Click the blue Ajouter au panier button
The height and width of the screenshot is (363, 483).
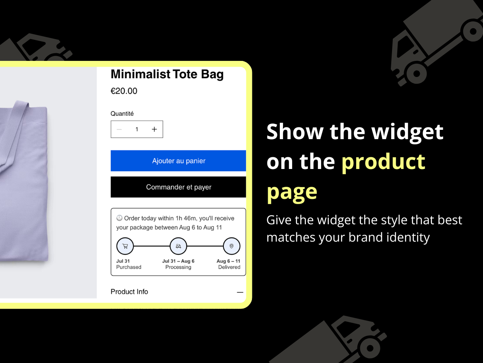pos(178,161)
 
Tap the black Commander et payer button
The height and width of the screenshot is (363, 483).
pos(178,187)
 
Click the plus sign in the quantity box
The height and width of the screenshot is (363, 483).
pos(154,129)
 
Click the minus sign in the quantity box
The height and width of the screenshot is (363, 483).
pos(119,129)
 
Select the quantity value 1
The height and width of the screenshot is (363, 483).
pos(137,129)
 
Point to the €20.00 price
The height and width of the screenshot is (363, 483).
pos(124,91)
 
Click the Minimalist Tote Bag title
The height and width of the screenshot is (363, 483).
pos(167,74)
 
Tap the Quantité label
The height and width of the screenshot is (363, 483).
pos(122,113)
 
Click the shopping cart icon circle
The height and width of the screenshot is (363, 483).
pos(125,246)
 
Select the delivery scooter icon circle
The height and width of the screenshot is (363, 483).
pos(178,246)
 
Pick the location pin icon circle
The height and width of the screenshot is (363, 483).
pos(231,246)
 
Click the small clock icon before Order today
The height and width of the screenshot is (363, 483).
pos(119,218)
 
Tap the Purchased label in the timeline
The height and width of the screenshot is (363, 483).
pos(129,267)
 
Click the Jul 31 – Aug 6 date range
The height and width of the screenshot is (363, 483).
pos(178,261)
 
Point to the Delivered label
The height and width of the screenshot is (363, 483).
pos(229,267)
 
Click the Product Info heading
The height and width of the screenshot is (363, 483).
pos(129,292)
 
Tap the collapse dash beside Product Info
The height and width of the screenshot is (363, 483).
pos(240,292)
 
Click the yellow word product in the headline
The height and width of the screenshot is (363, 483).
pos(383,162)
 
